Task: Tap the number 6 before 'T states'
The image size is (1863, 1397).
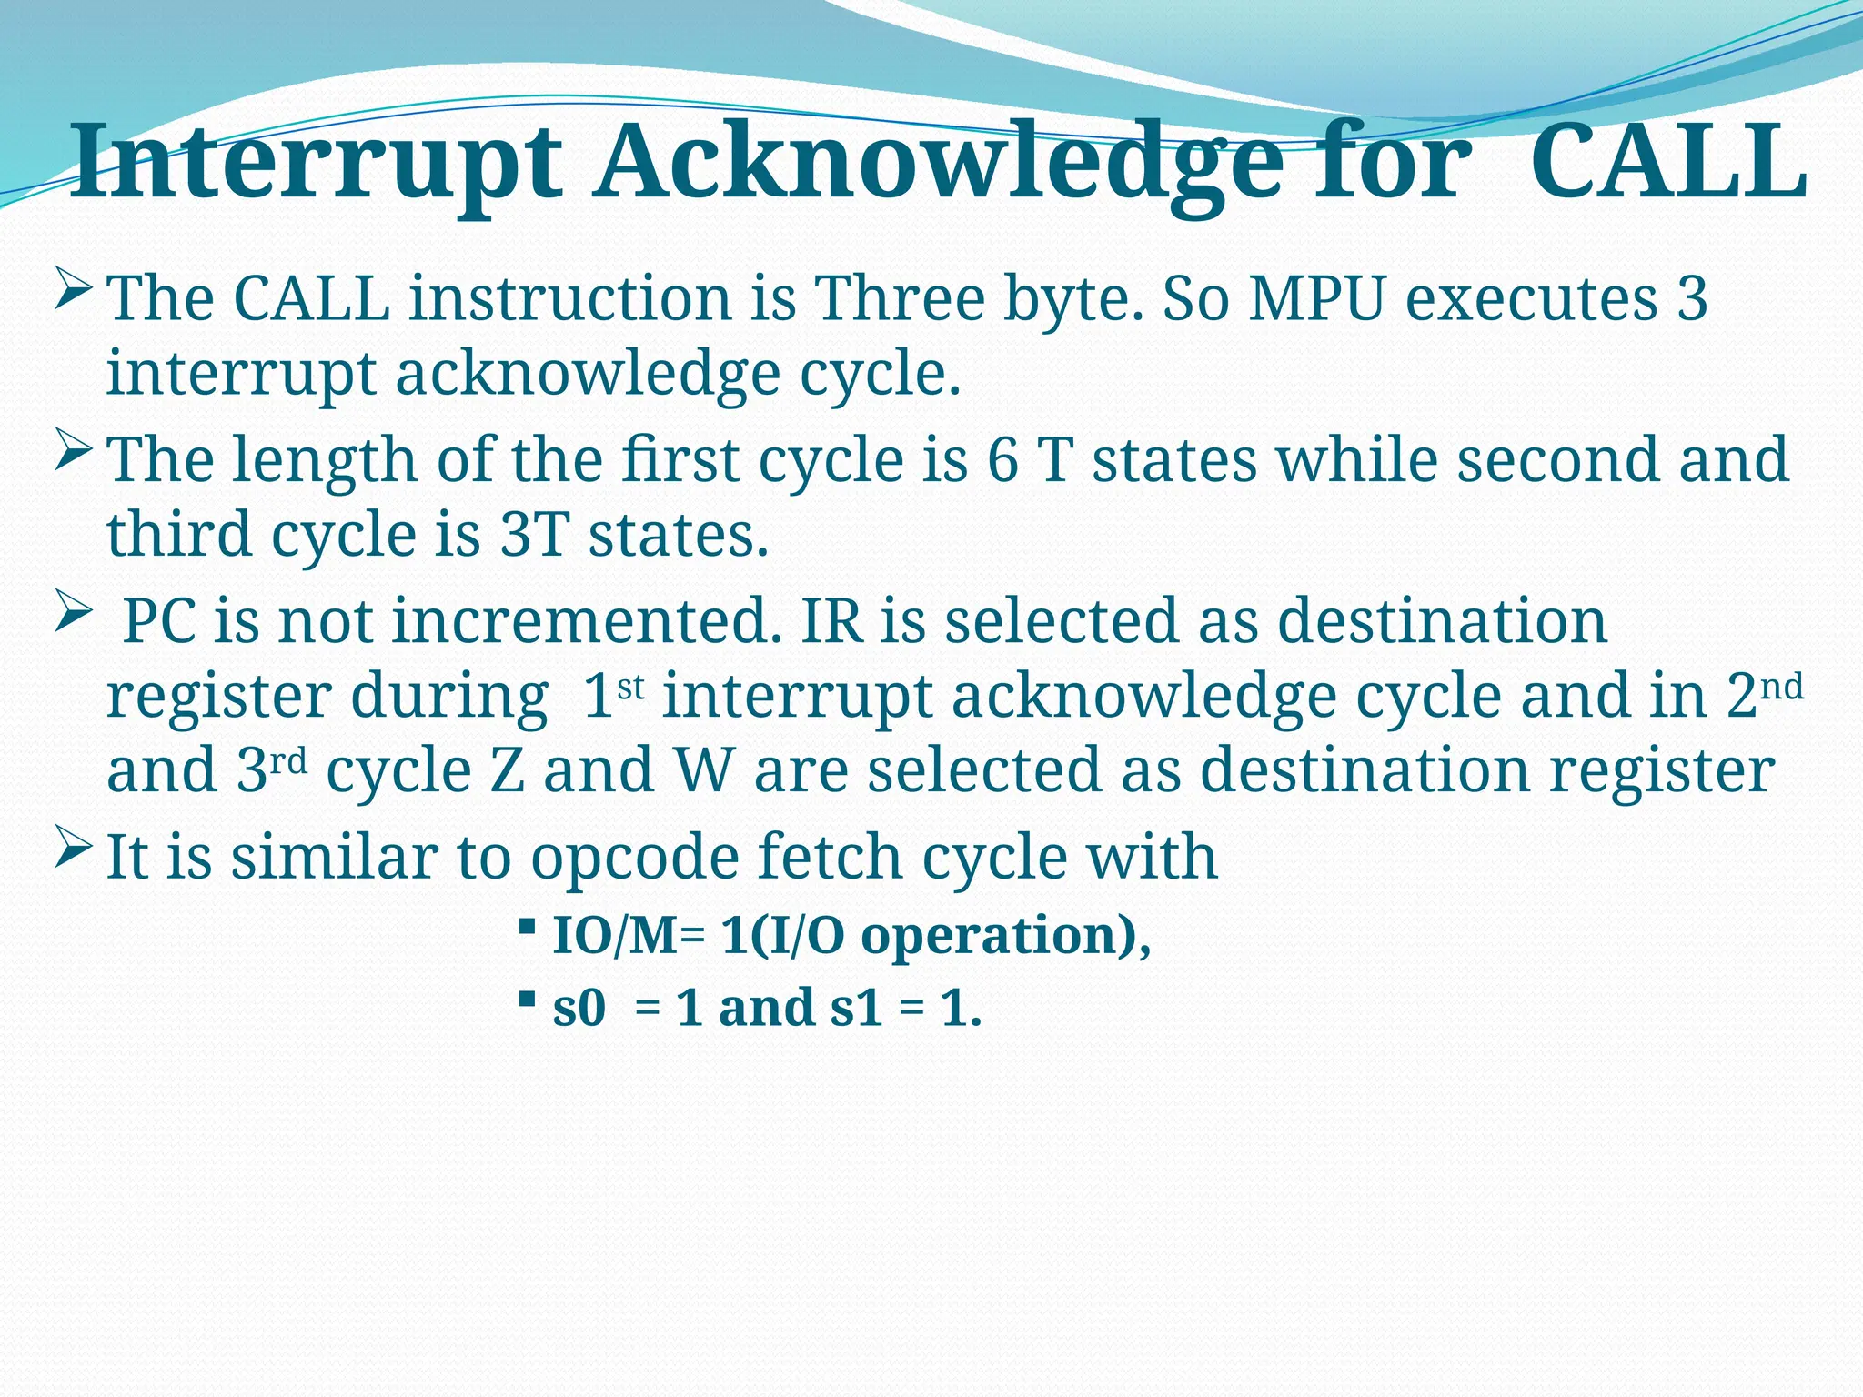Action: point(1002,459)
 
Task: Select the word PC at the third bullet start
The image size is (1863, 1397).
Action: point(159,621)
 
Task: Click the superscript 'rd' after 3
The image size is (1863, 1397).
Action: point(289,761)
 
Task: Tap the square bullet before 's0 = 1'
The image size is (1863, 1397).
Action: point(526,999)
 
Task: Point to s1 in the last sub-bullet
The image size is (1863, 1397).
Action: point(856,1009)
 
